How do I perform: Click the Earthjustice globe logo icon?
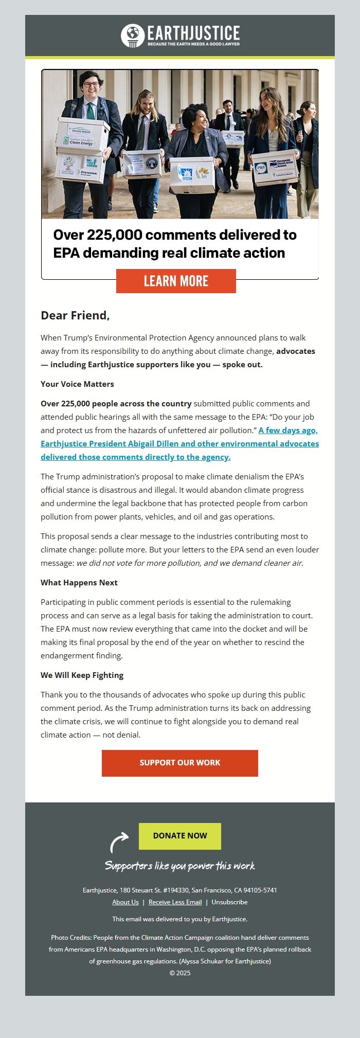click(x=133, y=35)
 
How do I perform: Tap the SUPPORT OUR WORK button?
click(x=180, y=763)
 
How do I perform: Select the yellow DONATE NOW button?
click(x=180, y=836)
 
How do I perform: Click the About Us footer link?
click(x=125, y=902)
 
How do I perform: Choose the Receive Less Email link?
click(x=175, y=902)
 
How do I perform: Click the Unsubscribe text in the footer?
click(x=229, y=902)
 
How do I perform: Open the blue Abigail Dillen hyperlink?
click(x=179, y=443)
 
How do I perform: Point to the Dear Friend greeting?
click(x=75, y=315)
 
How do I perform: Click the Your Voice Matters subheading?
click(x=77, y=384)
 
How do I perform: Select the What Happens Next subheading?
click(x=79, y=582)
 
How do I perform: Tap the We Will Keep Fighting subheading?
click(x=82, y=675)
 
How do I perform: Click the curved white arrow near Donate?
click(x=119, y=842)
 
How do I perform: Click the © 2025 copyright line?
click(x=180, y=973)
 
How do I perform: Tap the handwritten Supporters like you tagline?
click(x=180, y=866)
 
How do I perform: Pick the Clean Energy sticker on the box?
click(x=78, y=141)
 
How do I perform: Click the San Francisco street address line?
click(x=180, y=890)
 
